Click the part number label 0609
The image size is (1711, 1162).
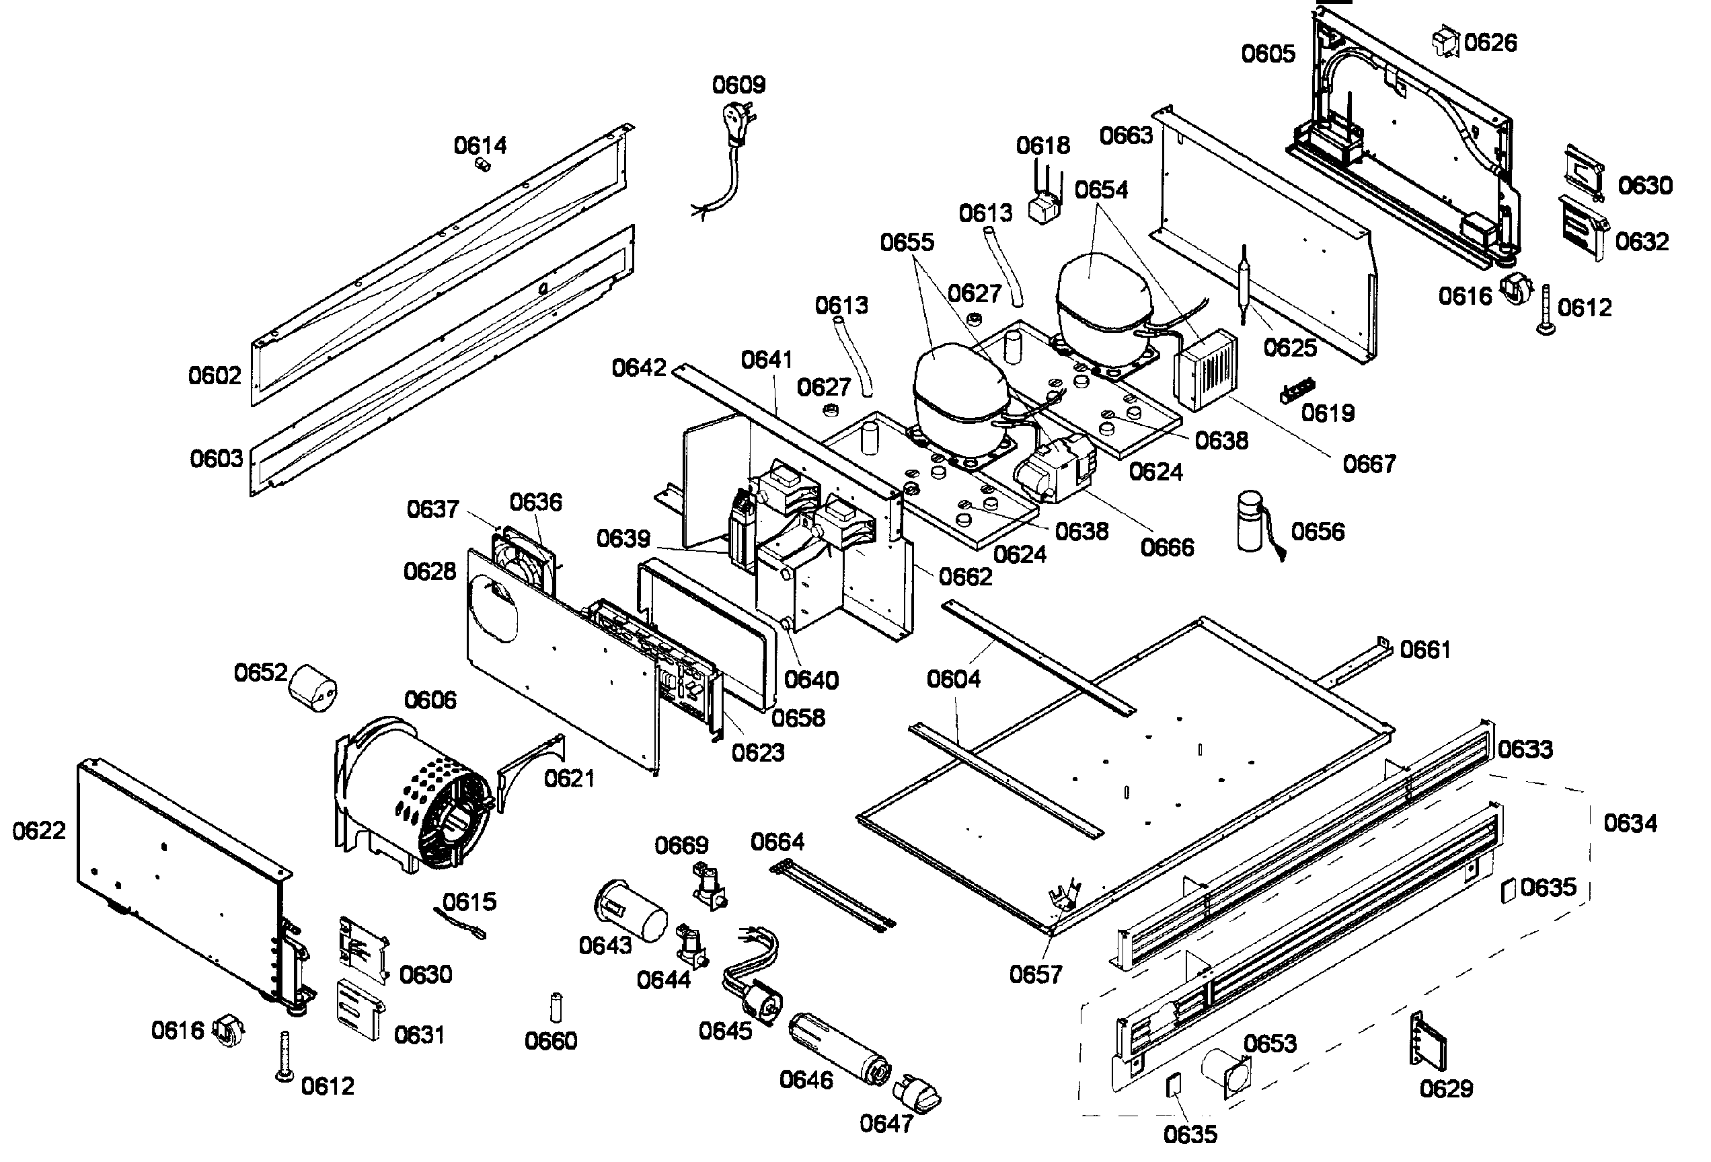coord(738,85)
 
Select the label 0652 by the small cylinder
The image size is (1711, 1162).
coord(261,672)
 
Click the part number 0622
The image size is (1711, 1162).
coord(39,831)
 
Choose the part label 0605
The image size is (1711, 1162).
coord(1268,54)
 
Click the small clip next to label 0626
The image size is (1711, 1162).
coord(1446,42)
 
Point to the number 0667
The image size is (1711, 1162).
coord(1369,464)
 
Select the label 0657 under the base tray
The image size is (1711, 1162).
coord(1035,974)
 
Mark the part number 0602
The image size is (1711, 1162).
coord(215,375)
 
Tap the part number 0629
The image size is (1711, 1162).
coord(1446,1089)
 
